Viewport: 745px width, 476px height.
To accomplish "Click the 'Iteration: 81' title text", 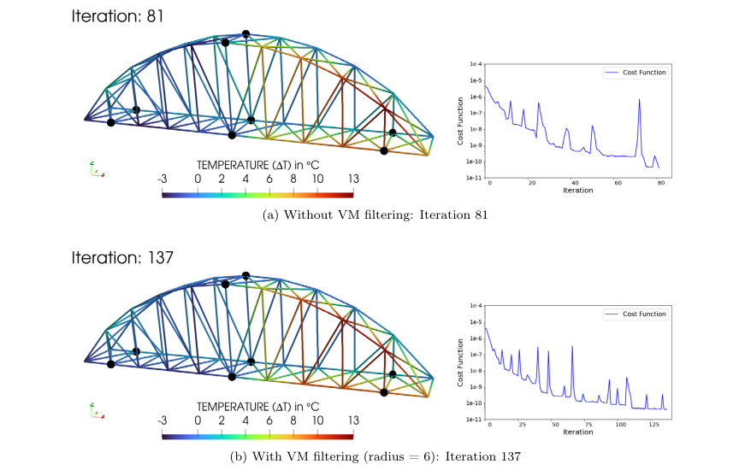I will click(x=118, y=15).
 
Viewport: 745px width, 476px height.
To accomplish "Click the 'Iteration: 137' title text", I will click(x=121, y=256).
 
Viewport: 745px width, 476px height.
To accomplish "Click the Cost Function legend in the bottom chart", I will click(x=635, y=314).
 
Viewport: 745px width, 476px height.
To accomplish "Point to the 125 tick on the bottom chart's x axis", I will click(x=654, y=425).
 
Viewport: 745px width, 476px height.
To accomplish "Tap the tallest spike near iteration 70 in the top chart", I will click(x=639, y=100).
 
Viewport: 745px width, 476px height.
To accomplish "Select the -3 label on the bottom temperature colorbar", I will click(x=163, y=420).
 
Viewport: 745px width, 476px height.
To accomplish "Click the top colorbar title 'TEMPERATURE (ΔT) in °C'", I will click(x=257, y=164).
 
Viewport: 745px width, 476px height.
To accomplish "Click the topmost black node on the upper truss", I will click(x=245, y=34).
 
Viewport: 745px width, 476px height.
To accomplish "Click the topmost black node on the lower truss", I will click(x=245, y=275).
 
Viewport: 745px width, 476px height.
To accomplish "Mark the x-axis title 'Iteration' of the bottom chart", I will click(x=578, y=432).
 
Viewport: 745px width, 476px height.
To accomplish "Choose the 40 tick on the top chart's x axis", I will click(x=575, y=183).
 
